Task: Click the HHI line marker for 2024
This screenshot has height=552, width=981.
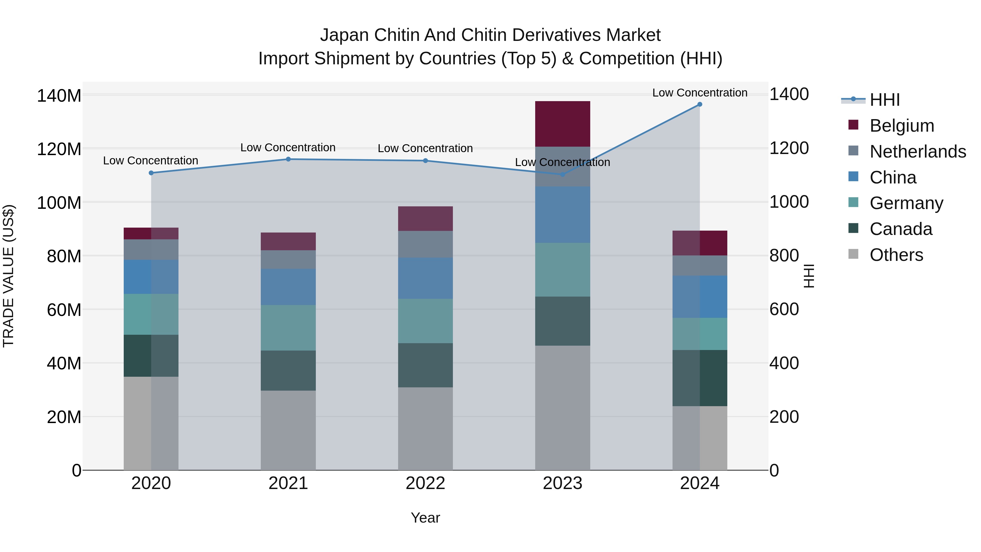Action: [x=700, y=104]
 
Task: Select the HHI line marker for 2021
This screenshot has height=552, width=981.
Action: [x=288, y=159]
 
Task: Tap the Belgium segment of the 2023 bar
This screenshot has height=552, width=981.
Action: [x=562, y=124]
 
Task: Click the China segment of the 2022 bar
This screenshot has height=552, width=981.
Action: [x=425, y=278]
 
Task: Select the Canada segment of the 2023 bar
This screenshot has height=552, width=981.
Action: [x=562, y=321]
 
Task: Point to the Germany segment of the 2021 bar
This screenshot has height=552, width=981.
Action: [x=288, y=328]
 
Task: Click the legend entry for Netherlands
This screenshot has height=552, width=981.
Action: [x=918, y=151]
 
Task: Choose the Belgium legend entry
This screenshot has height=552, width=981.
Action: [x=902, y=125]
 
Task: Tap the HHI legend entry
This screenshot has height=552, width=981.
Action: [x=885, y=100]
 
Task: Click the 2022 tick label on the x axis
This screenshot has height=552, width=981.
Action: [x=425, y=483]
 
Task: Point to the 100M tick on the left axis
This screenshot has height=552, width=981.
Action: [x=59, y=203]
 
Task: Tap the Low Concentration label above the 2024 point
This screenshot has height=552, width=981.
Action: [x=700, y=93]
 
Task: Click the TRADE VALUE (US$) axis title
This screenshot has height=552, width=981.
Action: [x=8, y=276]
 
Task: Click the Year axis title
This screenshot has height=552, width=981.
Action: [x=425, y=518]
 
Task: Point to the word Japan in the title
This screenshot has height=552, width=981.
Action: [x=344, y=35]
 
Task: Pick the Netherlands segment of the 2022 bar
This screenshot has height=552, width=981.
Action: [x=425, y=244]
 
